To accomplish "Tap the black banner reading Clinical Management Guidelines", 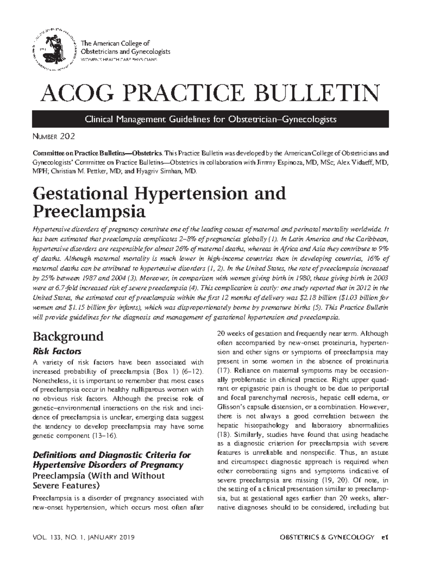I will coord(210,119).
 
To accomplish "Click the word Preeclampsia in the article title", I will coord(89,212).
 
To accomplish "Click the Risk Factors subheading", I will coord(57,351).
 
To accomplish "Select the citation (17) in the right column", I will coord(224,370).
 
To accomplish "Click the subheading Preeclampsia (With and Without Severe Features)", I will coord(99,481).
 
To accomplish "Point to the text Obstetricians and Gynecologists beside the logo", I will coord(126,52).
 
